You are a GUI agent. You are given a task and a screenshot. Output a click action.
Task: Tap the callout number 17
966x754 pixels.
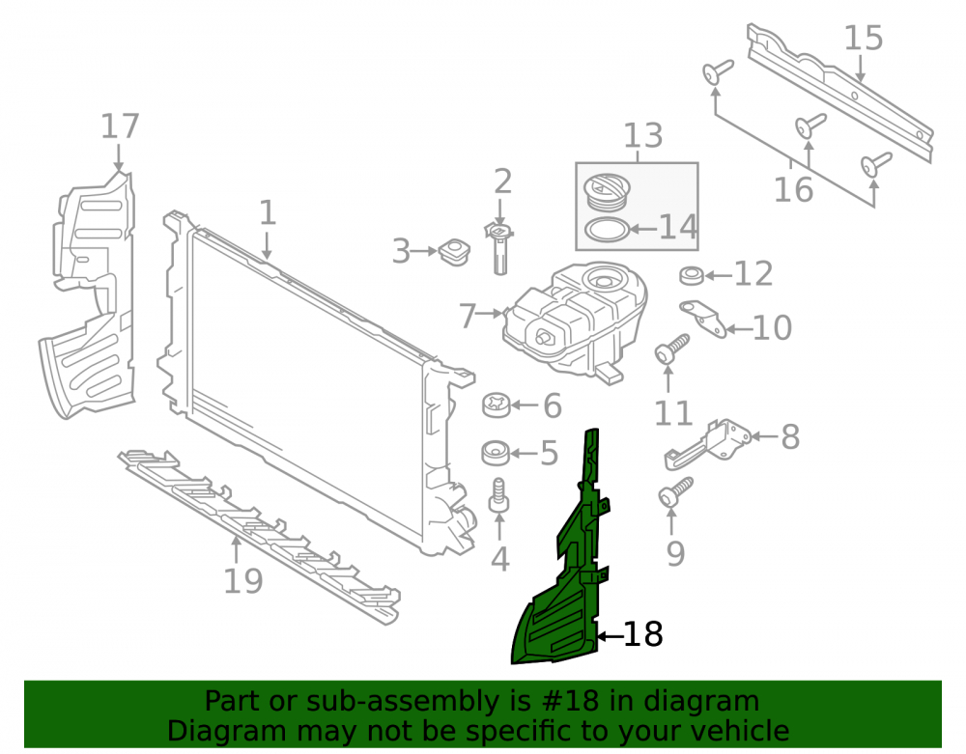120,126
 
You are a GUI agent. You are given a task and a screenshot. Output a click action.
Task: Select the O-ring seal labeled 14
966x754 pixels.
608,230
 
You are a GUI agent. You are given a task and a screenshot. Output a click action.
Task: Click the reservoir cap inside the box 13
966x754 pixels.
607,191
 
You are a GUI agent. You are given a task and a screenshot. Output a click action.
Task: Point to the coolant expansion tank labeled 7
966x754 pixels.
575,321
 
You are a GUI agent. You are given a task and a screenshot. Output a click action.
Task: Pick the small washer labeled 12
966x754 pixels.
692,275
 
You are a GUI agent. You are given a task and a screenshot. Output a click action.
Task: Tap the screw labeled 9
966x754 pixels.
675,492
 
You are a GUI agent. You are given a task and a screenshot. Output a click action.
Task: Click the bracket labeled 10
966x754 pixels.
703,318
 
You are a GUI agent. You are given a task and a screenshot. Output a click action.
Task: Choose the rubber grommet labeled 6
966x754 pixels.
497,405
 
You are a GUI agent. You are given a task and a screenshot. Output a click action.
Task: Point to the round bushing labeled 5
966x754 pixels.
496,453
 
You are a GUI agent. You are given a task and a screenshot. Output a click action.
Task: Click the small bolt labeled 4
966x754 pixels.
498,495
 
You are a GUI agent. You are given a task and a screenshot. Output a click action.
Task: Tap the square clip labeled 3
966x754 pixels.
455,251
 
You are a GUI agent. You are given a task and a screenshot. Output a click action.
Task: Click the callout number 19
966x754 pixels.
242,581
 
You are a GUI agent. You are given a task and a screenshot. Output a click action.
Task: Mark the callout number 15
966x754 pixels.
863,39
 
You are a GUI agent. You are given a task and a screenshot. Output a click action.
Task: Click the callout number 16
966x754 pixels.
793,189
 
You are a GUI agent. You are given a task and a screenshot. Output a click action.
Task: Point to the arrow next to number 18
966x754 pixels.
610,636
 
